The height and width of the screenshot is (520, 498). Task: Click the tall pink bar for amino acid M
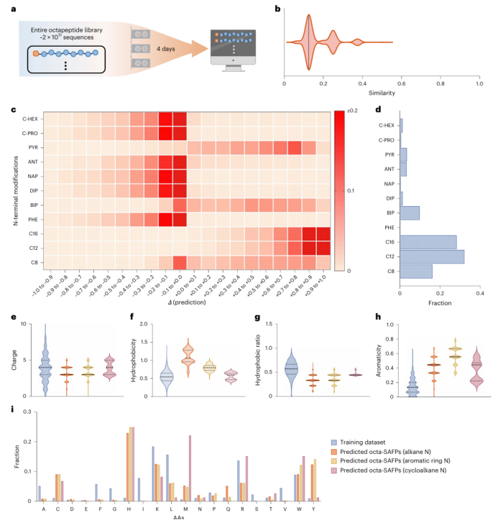[x=190, y=466]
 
